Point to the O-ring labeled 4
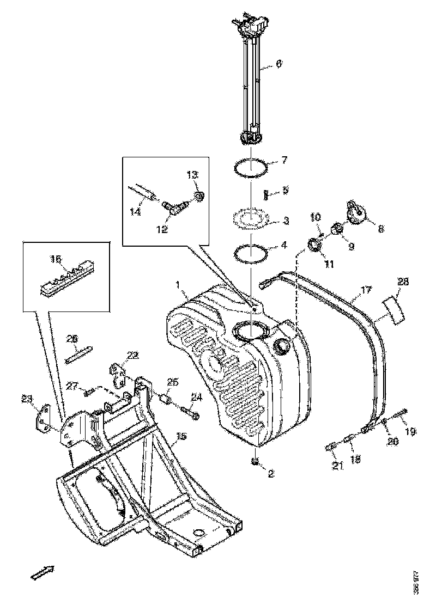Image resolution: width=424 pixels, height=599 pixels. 251,253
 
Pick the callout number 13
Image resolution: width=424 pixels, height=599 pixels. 193,175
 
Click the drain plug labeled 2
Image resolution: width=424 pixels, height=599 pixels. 254,462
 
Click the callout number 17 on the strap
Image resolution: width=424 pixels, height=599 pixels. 366,290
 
